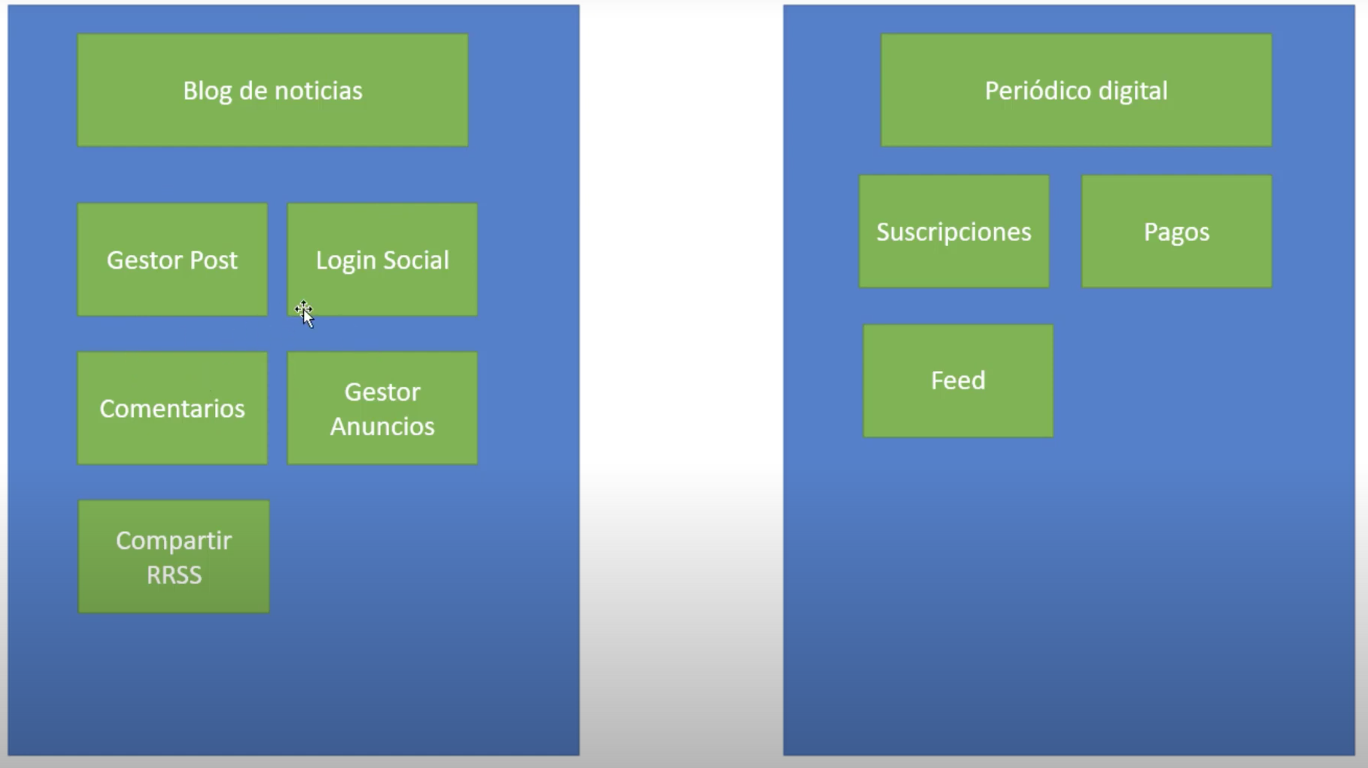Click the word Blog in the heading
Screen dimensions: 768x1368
click(x=207, y=91)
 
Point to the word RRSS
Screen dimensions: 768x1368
click(x=174, y=574)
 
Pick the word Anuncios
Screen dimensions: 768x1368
click(x=382, y=426)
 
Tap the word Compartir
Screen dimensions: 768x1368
click(x=174, y=540)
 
